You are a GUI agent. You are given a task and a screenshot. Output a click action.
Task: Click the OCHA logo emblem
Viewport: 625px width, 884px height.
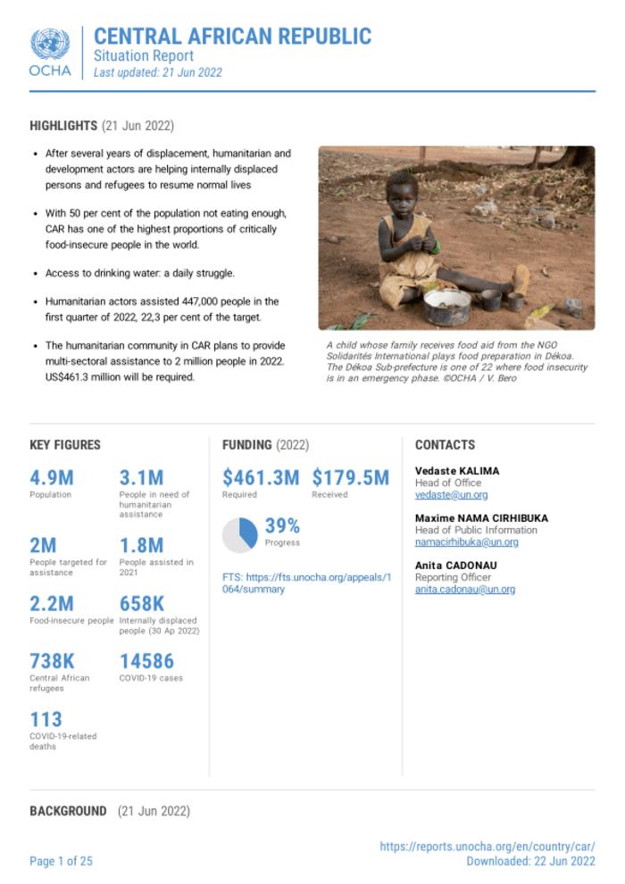[x=50, y=44]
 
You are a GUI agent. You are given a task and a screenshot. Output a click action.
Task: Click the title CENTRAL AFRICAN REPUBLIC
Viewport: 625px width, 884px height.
[x=232, y=37]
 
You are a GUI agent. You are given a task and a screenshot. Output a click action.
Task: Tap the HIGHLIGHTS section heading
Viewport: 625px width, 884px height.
[x=63, y=125]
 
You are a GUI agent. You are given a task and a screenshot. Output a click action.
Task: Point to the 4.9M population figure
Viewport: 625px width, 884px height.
[x=52, y=478]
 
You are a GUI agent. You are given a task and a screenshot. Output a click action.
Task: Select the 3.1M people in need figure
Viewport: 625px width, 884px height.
[x=141, y=478]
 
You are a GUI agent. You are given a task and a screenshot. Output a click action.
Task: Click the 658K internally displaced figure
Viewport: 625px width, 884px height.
[x=142, y=604]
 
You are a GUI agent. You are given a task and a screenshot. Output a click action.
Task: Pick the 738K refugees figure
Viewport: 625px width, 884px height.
[x=53, y=661]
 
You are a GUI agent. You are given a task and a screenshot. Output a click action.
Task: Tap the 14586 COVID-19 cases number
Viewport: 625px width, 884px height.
[x=147, y=661]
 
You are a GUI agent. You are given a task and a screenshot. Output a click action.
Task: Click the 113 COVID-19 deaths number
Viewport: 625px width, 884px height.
[x=46, y=719]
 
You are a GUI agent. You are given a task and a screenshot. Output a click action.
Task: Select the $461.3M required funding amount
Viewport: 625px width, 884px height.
[x=261, y=478]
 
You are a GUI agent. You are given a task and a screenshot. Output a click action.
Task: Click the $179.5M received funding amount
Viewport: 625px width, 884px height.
[x=351, y=478]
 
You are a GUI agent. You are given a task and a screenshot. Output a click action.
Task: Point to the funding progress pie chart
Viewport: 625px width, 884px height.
[x=240, y=533]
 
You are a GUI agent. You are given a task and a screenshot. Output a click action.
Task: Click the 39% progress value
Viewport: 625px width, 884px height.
[x=282, y=526]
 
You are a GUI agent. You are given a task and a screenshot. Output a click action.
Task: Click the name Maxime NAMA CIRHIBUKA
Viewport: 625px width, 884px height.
[x=481, y=518]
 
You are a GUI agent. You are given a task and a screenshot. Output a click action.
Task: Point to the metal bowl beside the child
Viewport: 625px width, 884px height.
[x=446, y=305]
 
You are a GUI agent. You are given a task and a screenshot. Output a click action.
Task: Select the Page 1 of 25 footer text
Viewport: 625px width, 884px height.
[x=61, y=861]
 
